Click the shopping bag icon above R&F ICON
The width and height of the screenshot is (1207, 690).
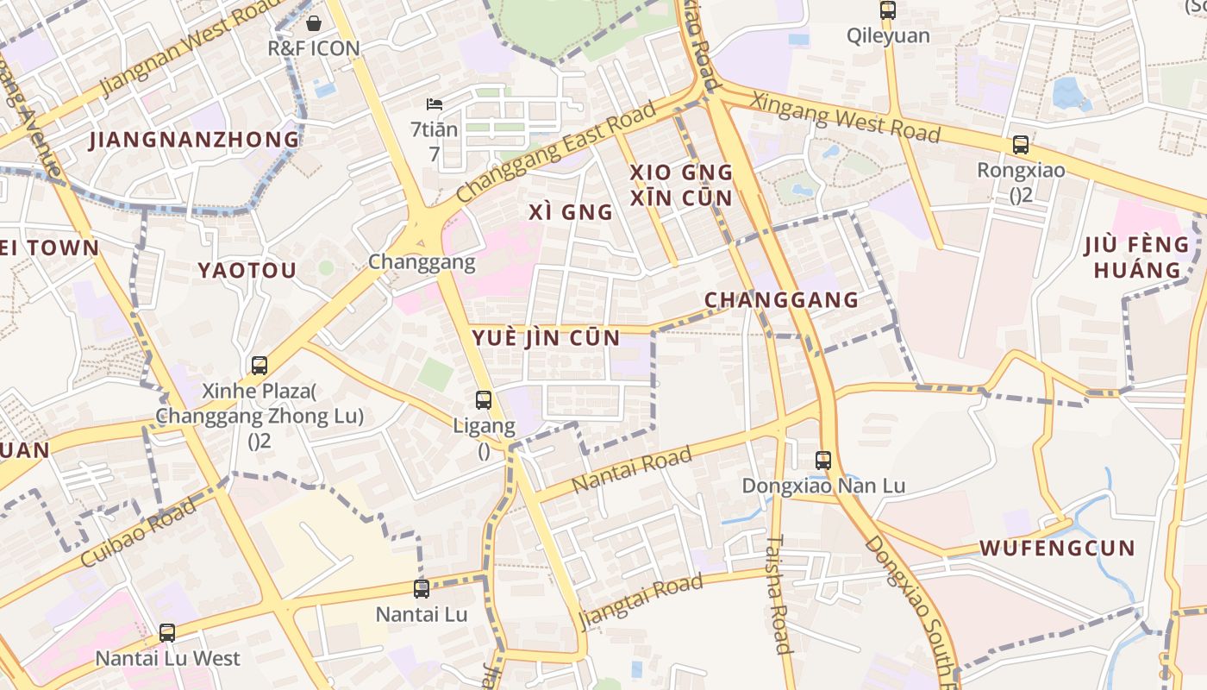coord(314,22)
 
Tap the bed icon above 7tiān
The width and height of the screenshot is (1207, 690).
coord(435,104)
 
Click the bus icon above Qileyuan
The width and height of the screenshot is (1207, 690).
coord(887,10)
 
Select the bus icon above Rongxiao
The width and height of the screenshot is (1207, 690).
coord(1021,145)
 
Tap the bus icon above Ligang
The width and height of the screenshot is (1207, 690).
coord(484,400)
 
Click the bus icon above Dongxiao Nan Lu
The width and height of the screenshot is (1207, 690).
coord(823,461)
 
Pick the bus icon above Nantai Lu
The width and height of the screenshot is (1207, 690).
coord(422,589)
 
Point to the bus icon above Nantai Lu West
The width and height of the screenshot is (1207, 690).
coord(167,633)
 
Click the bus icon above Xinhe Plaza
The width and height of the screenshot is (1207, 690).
coord(260,366)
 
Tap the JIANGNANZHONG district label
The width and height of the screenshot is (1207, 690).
coord(195,140)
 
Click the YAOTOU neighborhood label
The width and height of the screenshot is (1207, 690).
coord(247,271)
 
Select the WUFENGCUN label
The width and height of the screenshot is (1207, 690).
coord(1057,548)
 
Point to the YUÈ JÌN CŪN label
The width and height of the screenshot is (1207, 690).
coord(546,338)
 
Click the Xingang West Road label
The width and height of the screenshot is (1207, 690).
coord(845,116)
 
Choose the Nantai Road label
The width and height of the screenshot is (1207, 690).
coord(632,469)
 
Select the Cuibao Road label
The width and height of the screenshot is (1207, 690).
coord(139,530)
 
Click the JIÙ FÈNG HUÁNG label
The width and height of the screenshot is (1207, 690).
coord(1137,257)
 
